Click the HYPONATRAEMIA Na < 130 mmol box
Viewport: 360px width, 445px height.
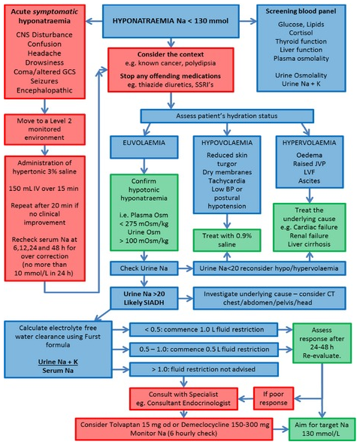[170, 22]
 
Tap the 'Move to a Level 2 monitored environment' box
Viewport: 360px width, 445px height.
[44, 132]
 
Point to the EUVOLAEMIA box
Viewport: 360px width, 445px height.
[138, 141]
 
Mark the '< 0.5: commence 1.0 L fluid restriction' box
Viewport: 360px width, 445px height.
[203, 330]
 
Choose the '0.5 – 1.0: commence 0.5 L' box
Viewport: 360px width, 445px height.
[203, 350]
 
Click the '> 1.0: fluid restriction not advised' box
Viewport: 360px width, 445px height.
[203, 369]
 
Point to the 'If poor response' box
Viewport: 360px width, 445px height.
[274, 397]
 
